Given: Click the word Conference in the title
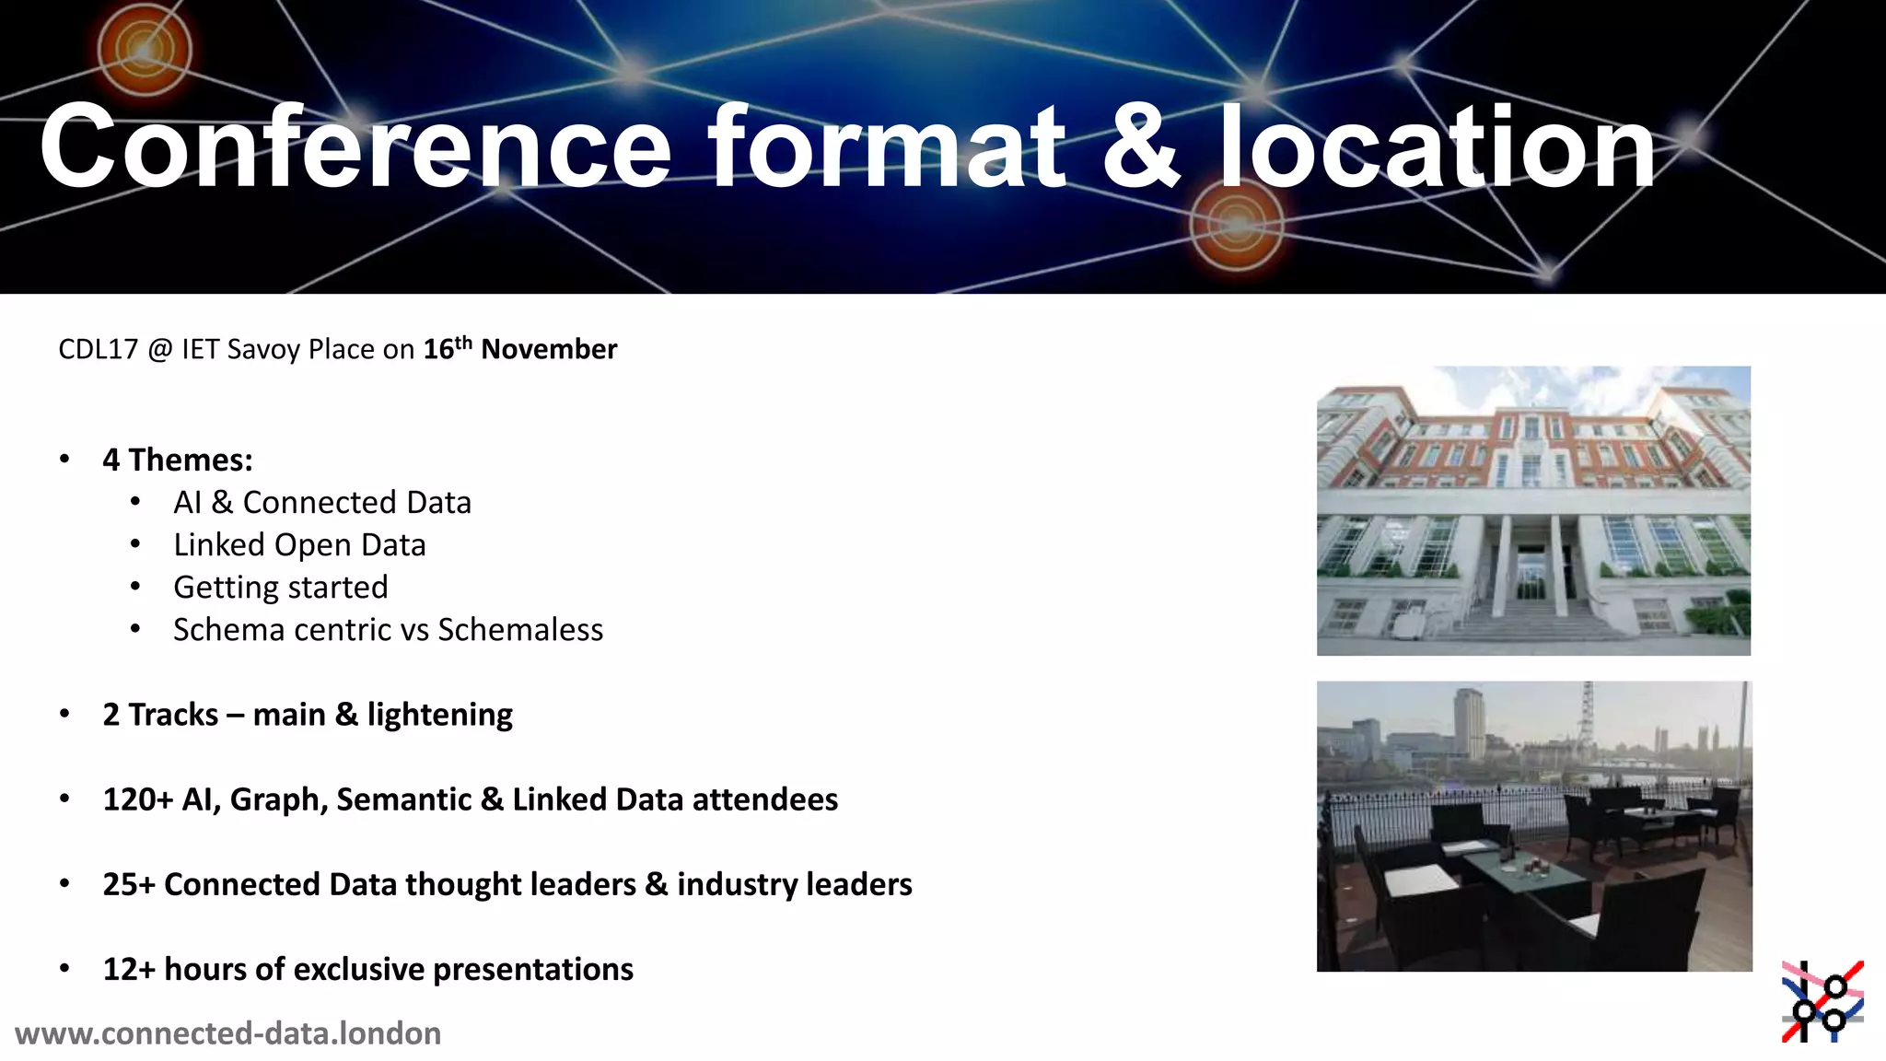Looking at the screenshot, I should point(355,147).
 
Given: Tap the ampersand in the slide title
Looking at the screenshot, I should point(1140,147).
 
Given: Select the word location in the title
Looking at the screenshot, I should point(1437,147).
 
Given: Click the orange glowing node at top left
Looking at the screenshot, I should point(144,50).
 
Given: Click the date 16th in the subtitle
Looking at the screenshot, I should point(447,349).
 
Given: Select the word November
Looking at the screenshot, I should point(549,350).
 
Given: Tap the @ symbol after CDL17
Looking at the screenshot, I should point(159,350).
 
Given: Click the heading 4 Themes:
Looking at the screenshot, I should point(178,460).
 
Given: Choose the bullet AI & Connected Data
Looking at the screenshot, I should point(321,503).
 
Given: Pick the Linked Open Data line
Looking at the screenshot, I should point(299,545).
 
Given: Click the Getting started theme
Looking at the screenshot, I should point(281,588).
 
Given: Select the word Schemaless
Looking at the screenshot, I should point(520,630).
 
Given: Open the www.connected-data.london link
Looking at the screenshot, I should point(228,1033).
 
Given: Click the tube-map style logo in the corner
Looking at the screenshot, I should point(1822,1002).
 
